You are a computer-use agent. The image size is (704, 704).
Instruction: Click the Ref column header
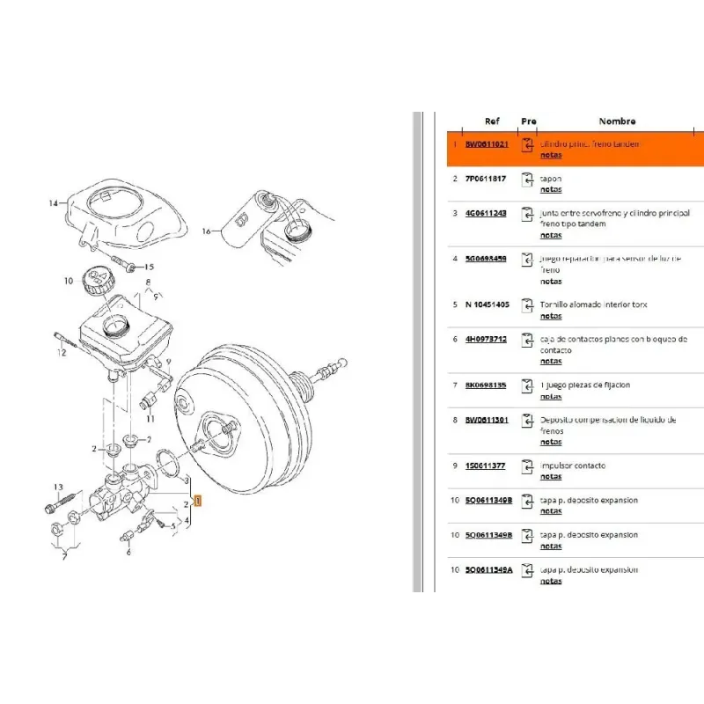(492, 121)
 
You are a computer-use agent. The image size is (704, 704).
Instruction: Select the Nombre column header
(617, 121)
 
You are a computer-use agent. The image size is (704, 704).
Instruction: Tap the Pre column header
(528, 121)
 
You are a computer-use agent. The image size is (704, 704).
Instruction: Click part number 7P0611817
(485, 179)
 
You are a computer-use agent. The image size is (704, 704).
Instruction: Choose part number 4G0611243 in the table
(485, 213)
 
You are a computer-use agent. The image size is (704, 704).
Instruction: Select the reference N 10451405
(485, 304)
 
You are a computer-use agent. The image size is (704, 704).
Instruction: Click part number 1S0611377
(485, 466)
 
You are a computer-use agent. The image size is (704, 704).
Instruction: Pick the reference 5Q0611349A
(488, 569)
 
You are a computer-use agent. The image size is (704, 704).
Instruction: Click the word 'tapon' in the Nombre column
(551, 179)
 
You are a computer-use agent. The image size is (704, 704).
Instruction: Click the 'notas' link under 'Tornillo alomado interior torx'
(551, 316)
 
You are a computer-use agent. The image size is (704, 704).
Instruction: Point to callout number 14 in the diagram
(53, 203)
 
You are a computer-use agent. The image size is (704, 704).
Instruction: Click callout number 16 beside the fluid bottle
(207, 231)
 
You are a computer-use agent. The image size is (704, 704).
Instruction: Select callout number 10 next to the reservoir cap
(69, 282)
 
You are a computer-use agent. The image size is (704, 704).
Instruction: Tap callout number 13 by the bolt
(59, 487)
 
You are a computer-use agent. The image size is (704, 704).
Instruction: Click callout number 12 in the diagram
(62, 353)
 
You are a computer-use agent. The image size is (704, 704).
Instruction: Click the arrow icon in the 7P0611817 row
(527, 180)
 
